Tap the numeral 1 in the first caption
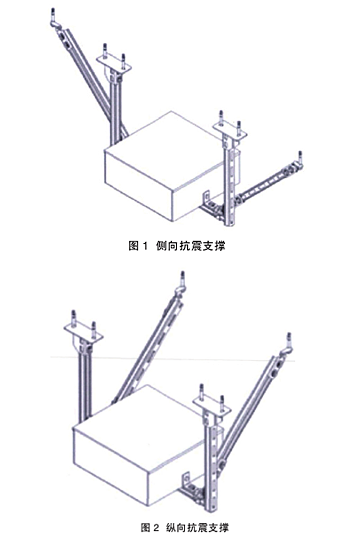click(145, 246)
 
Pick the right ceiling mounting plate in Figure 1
click(231, 129)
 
